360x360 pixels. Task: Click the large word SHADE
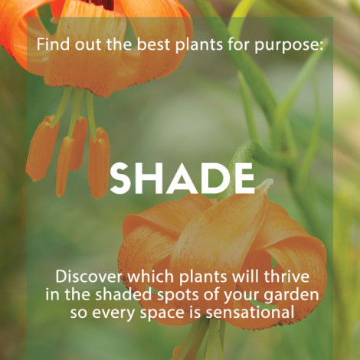(x=182, y=178)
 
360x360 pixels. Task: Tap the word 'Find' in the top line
(x=53, y=44)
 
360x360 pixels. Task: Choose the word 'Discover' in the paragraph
(x=89, y=277)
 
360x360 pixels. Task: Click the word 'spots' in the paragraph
(x=178, y=296)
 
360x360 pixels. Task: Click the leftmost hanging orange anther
(x=42, y=148)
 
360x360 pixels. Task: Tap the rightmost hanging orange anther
(x=99, y=163)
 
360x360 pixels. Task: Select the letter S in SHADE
(x=120, y=178)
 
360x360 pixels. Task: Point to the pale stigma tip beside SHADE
(x=266, y=184)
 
